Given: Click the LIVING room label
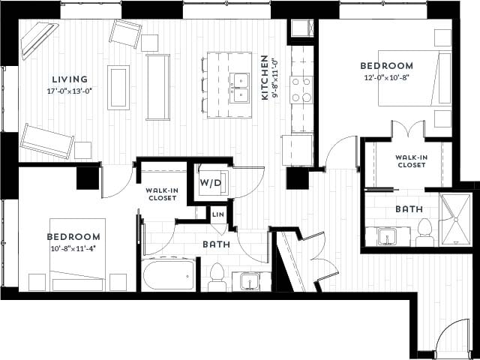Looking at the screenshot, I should pos(70,79).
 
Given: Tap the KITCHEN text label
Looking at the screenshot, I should pos(264,77).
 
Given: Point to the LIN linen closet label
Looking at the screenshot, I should pos(217,215).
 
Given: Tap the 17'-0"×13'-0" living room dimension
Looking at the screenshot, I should pos(70,91).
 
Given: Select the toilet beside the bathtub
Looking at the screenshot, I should pos(217,277).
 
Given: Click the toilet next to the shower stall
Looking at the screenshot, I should pos(424,232).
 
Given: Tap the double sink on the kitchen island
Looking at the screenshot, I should pos(240,87).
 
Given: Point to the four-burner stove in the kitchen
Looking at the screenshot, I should pos(301,88).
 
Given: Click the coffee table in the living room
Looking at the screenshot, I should pos(118,87).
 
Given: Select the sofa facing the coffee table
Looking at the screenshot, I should pos(157,87).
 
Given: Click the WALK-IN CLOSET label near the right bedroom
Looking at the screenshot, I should pos(412,160).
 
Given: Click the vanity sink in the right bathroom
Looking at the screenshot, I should pos(388,237).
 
